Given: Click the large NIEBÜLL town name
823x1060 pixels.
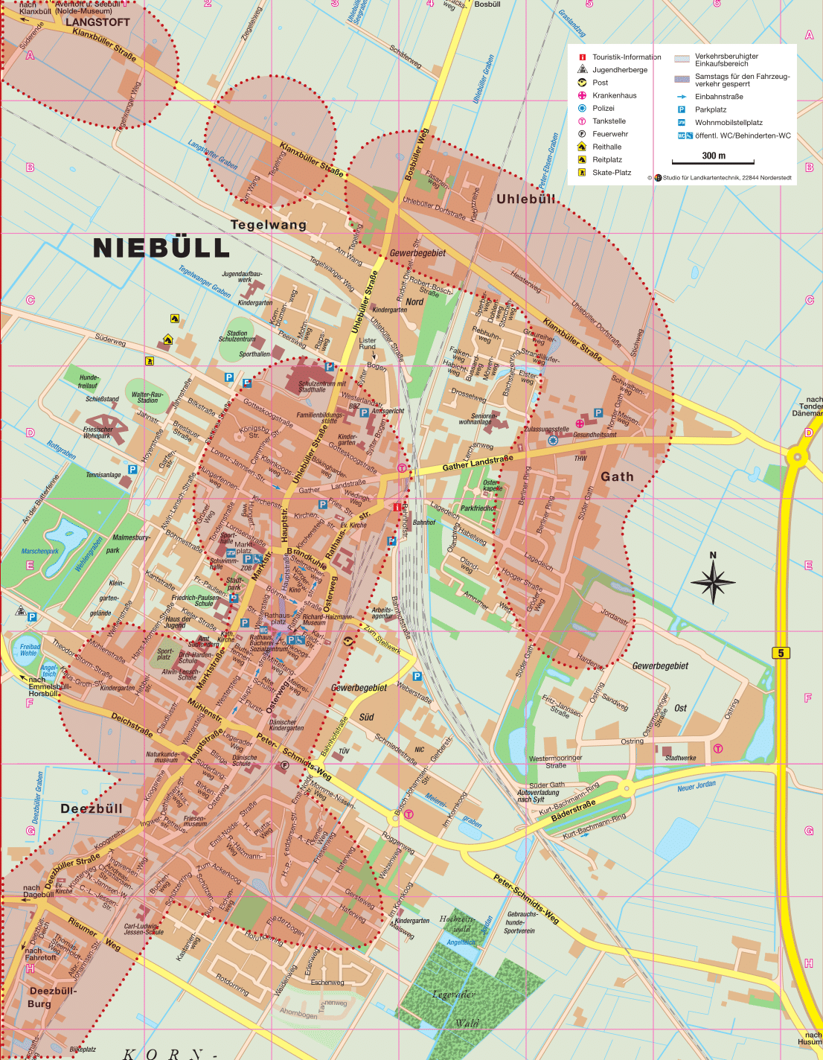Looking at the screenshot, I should (x=161, y=248).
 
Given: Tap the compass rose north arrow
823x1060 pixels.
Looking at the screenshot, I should (x=713, y=580).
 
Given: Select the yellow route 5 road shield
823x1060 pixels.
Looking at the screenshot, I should (x=781, y=653).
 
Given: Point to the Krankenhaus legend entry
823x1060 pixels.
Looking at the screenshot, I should (x=614, y=95).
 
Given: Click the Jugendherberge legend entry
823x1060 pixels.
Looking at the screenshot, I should (x=619, y=70).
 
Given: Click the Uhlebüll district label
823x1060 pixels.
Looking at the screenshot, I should (x=526, y=199).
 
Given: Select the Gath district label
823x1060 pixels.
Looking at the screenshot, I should (x=617, y=476).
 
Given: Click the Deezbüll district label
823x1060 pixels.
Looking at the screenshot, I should (x=91, y=808).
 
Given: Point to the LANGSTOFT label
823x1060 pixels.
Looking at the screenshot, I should (x=97, y=22).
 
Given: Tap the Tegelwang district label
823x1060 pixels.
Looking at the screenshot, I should (x=268, y=225).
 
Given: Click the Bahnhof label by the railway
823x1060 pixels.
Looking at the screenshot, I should (x=423, y=523).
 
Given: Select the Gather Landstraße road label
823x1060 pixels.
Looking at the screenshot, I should (x=477, y=463).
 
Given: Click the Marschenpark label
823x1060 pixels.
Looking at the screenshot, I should (x=39, y=552).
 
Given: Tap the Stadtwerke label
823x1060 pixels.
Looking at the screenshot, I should (x=680, y=758).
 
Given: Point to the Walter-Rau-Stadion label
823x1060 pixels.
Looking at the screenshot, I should (x=147, y=397).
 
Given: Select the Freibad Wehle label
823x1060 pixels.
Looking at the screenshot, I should (x=30, y=650).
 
